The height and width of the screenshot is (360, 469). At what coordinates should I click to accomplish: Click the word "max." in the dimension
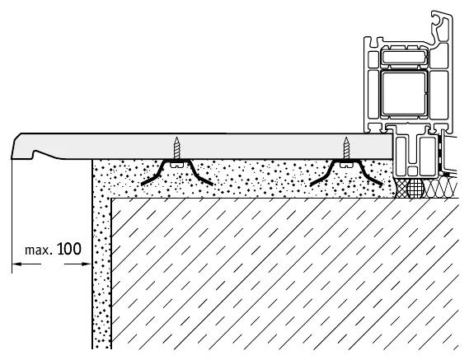(39, 250)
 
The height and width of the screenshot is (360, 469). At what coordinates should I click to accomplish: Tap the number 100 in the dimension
(68, 249)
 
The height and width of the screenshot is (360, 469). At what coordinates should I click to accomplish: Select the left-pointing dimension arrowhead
(16, 264)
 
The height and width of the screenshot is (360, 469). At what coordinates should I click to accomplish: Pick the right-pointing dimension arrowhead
(87, 264)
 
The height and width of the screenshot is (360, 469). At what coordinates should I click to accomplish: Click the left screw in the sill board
(177, 148)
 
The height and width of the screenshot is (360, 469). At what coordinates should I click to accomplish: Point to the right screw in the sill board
(346, 148)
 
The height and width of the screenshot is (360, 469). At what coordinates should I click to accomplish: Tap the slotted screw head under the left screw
(177, 164)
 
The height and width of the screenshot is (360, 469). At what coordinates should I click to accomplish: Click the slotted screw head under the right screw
(346, 164)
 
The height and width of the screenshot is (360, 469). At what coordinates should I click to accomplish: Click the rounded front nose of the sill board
(16, 145)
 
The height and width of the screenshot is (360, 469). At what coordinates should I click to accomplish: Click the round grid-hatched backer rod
(415, 188)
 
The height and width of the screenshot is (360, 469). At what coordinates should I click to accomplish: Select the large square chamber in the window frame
(404, 93)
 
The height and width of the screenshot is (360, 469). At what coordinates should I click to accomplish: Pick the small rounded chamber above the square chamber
(404, 58)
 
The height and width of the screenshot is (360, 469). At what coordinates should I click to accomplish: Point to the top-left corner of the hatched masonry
(111, 198)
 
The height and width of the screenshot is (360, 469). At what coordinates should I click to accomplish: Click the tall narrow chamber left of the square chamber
(373, 93)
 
